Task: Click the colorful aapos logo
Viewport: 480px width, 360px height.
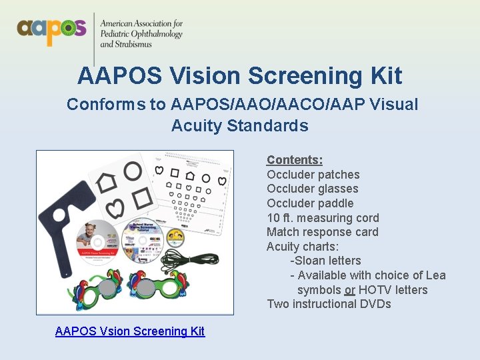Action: point(52,29)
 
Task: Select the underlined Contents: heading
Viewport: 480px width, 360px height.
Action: point(295,160)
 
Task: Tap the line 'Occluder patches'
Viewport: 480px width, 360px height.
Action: point(313,175)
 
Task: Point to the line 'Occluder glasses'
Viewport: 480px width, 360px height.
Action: point(312,189)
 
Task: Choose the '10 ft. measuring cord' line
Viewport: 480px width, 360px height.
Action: point(323,218)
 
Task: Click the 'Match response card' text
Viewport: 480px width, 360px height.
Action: point(322,232)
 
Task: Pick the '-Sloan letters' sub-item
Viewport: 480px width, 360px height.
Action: point(325,261)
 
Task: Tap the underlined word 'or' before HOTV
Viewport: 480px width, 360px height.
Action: point(349,290)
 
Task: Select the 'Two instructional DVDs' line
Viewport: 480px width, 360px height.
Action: point(329,304)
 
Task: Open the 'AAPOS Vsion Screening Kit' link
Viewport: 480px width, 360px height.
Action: point(130,331)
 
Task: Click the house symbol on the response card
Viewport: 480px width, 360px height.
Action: point(107,181)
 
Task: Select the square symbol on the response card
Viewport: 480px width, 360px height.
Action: point(141,197)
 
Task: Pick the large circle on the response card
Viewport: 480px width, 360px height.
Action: point(133,171)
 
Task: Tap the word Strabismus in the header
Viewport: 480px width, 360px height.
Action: point(126,45)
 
